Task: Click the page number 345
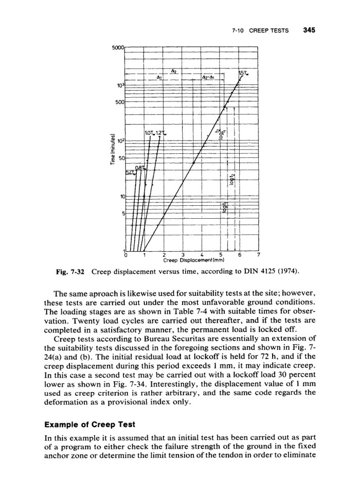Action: point(309,30)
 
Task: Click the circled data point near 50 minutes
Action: point(193,162)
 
